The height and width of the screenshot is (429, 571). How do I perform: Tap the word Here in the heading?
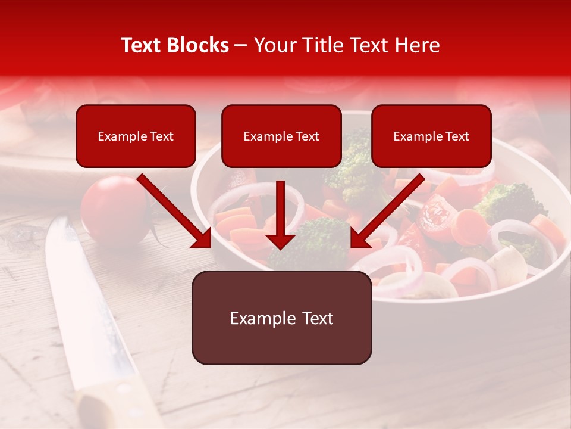(416, 45)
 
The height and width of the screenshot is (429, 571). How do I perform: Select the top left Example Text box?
(136, 136)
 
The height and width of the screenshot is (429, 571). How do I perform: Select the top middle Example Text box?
(281, 136)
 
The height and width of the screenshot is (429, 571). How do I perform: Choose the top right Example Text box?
(431, 136)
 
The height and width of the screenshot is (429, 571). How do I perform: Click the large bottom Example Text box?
(281, 318)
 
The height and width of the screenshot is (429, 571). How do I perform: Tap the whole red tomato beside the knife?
(115, 210)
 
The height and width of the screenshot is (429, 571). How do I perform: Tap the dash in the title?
(241, 45)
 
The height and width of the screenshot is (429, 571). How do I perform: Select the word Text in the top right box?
(457, 136)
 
